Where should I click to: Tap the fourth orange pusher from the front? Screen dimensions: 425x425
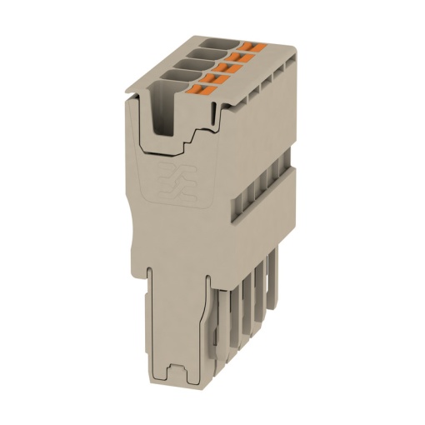(x=238, y=53)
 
